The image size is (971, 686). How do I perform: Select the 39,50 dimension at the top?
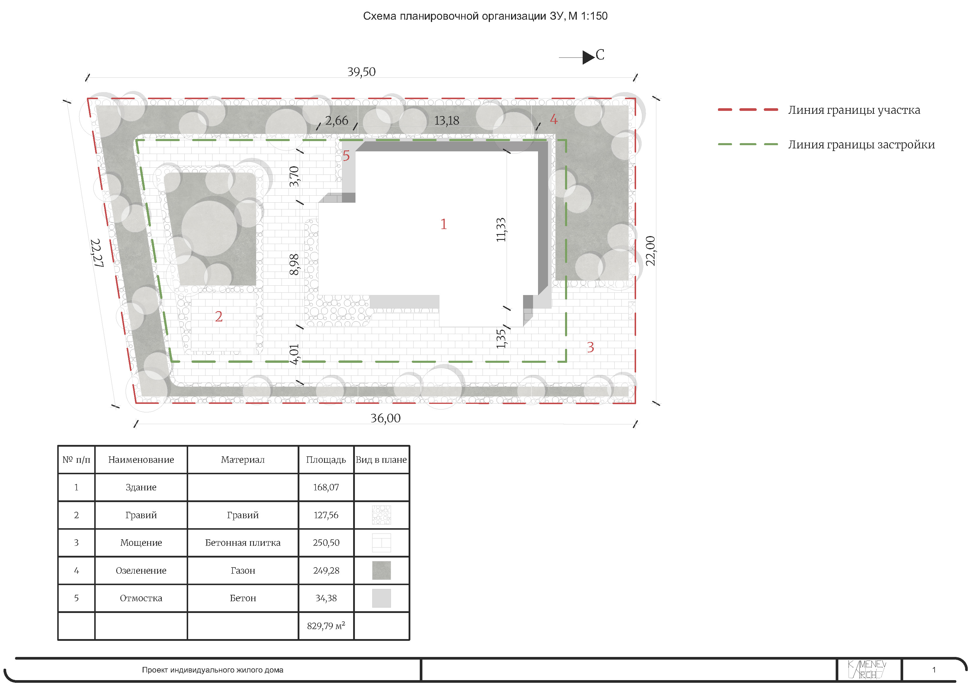point(361,72)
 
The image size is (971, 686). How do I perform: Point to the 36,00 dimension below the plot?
point(385,418)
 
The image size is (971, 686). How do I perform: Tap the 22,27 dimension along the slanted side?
point(96,253)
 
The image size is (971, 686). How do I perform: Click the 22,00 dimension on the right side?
point(650,251)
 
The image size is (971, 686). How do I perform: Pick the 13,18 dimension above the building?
point(446,121)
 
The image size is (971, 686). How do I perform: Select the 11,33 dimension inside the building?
point(501,230)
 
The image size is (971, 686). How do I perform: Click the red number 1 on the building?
point(443,224)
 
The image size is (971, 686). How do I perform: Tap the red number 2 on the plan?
point(219,316)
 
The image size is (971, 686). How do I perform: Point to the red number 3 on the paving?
point(590,348)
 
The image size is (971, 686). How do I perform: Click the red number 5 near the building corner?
point(346,156)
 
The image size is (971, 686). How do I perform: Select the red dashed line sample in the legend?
point(748,109)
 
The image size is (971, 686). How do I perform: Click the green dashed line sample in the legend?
point(748,144)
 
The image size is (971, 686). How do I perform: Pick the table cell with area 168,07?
point(326,487)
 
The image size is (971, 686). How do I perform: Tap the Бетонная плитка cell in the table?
point(243,543)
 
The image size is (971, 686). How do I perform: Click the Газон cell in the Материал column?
point(243,571)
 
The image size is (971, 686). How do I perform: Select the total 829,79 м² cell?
point(326,626)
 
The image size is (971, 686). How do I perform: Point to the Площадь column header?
point(326,460)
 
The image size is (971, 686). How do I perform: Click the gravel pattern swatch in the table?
point(382,515)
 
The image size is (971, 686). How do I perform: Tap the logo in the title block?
point(867,670)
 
